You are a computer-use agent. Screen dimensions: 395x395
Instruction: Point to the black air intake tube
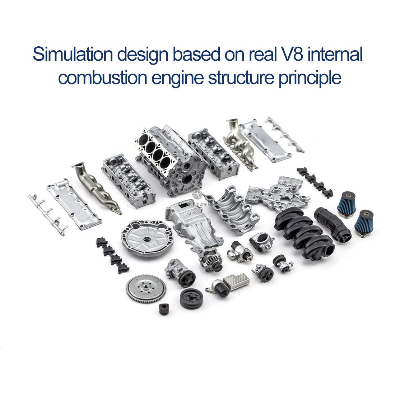tap(333, 224)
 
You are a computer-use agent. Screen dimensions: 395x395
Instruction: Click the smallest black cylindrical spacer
tap(164, 309)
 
